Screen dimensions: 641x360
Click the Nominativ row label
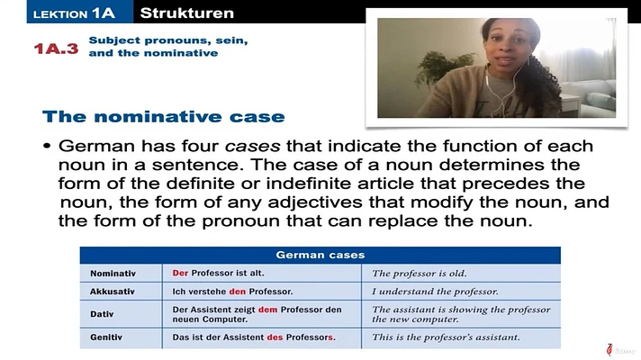[x=113, y=274]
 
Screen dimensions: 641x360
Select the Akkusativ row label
[x=112, y=292]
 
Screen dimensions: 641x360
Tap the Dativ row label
[x=102, y=314]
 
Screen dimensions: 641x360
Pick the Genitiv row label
[x=106, y=337]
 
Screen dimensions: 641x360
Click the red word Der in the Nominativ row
[x=180, y=273]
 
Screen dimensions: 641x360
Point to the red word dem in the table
[x=267, y=310]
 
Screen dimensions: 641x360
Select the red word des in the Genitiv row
[x=275, y=337]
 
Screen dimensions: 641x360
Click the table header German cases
[x=320, y=255]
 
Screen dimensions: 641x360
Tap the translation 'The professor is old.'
[x=419, y=274]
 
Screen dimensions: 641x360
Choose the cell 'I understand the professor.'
[x=435, y=292]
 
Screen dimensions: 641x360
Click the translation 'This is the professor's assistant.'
[x=446, y=337]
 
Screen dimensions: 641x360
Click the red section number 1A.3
[x=56, y=49]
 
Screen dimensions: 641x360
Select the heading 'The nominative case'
[x=164, y=116]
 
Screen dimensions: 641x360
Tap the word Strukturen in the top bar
[x=187, y=13]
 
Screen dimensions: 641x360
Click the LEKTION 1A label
[x=74, y=13]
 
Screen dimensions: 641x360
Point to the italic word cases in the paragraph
[x=253, y=146]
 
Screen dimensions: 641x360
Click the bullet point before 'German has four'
[x=47, y=146]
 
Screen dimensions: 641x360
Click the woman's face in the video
[x=508, y=45]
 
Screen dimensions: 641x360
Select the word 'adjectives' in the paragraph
[x=315, y=202]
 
